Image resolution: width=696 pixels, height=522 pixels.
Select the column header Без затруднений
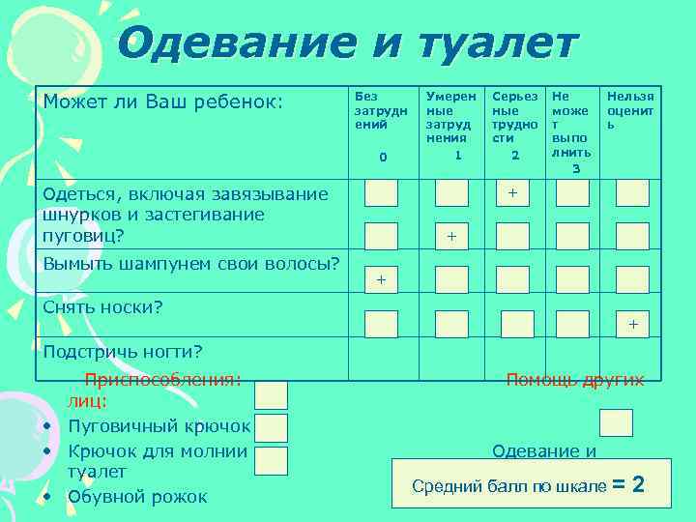pos(381,110)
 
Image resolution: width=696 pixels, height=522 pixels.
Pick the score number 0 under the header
pos(383,157)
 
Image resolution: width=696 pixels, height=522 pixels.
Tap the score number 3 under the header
pos(576,169)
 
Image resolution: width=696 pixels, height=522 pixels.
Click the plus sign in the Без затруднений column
pos(381,279)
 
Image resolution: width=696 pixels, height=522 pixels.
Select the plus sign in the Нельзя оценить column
pos(633,324)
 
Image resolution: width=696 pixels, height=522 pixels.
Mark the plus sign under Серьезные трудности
pos(513,193)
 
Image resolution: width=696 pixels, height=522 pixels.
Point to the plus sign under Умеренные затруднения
pos(451,236)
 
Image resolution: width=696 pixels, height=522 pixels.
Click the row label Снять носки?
pos(102,307)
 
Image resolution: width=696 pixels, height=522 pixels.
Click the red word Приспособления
pos(161,380)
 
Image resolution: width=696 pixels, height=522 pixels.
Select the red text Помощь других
pos(575,380)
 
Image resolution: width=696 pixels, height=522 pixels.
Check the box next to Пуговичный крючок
pos(272,427)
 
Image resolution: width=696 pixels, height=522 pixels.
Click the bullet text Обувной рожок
pos(137,497)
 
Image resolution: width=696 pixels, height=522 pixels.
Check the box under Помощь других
pos(616,422)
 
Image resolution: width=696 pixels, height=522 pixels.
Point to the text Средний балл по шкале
pos(509,485)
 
